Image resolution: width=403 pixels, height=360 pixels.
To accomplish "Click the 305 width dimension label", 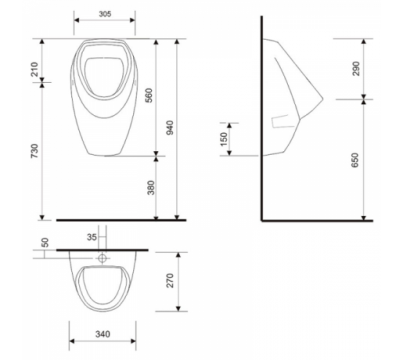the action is click(105, 14).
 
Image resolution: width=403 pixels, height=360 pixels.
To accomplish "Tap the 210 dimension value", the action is click(35, 69).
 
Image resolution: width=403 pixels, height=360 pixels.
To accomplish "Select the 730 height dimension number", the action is click(35, 151).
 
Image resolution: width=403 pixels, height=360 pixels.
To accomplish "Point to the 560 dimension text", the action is click(149, 95).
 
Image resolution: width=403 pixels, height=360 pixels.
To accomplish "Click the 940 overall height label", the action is click(170, 127).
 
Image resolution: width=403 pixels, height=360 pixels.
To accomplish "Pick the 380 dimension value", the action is click(151, 188).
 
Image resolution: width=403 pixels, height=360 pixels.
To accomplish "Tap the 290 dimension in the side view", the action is click(356, 68).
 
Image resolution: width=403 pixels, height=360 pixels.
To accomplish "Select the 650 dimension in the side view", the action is click(355, 160).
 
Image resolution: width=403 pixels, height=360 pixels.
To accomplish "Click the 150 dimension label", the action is click(224, 139).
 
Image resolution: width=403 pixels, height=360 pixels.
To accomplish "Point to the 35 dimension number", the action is click(91, 237).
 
